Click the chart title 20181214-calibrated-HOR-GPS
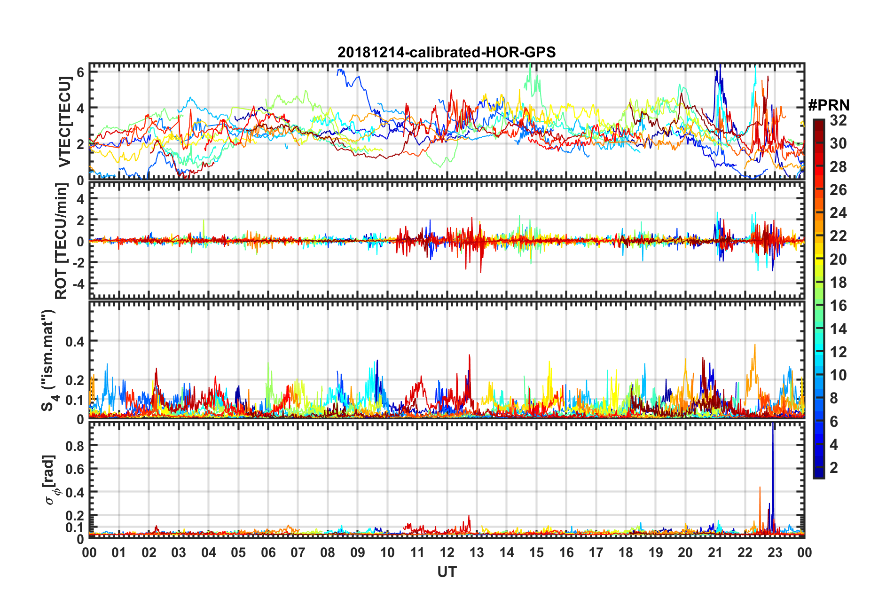[447, 52]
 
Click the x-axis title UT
[447, 572]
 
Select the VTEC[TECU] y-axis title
[65, 122]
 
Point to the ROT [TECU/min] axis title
[61, 241]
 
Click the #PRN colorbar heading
[828, 105]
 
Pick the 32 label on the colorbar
[838, 120]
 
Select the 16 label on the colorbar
[838, 306]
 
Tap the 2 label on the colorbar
[834, 467]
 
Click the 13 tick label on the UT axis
[477, 552]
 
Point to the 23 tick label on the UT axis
[775, 552]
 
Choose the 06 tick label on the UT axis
[268, 552]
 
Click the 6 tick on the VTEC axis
[80, 72]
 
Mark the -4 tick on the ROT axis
[77, 283]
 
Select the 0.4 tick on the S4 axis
[75, 341]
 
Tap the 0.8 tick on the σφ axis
[75, 446]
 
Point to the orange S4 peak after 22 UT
[755, 348]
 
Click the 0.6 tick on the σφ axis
[75, 469]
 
